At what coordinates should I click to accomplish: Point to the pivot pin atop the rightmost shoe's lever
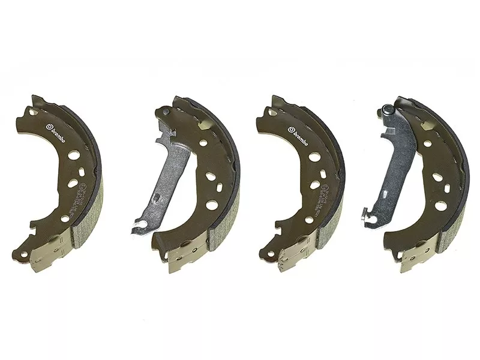point(388,110)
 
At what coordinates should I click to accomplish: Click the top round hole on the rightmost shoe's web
point(428,143)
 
